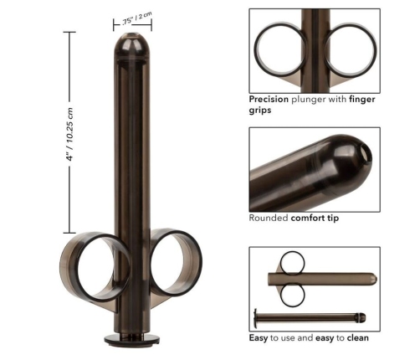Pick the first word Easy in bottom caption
tap(259, 337)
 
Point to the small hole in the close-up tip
tap(366, 153)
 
